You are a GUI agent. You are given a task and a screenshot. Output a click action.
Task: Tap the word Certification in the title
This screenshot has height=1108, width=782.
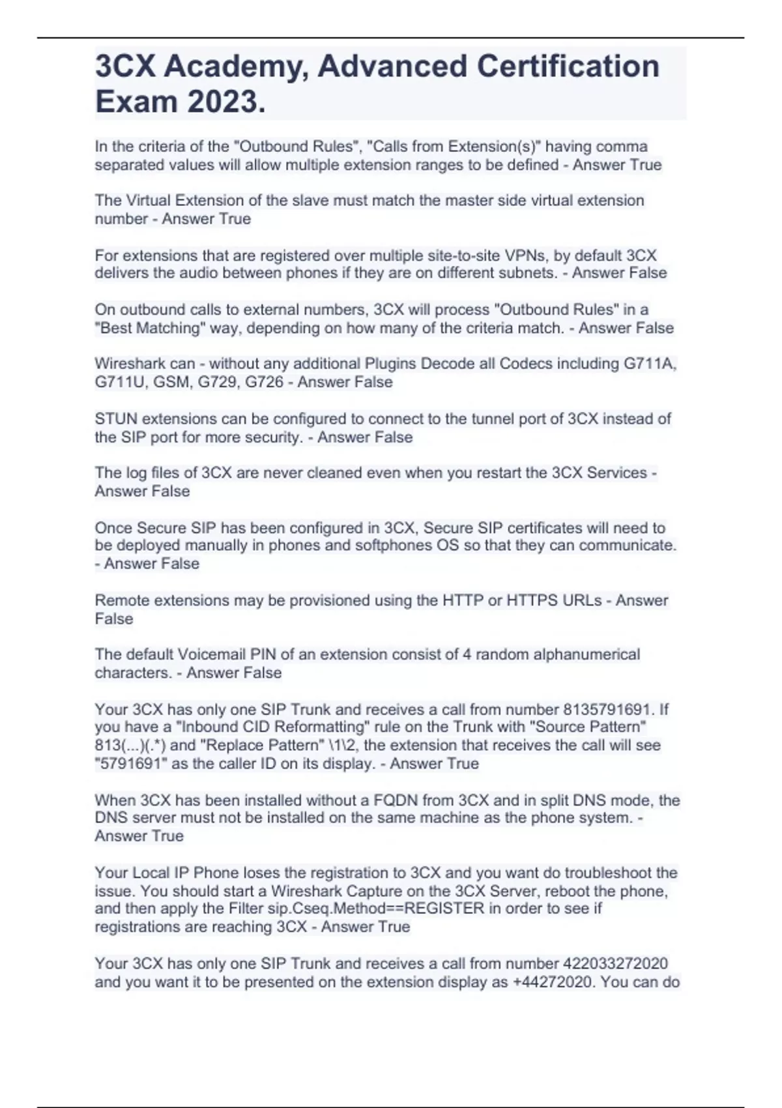tap(568, 66)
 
